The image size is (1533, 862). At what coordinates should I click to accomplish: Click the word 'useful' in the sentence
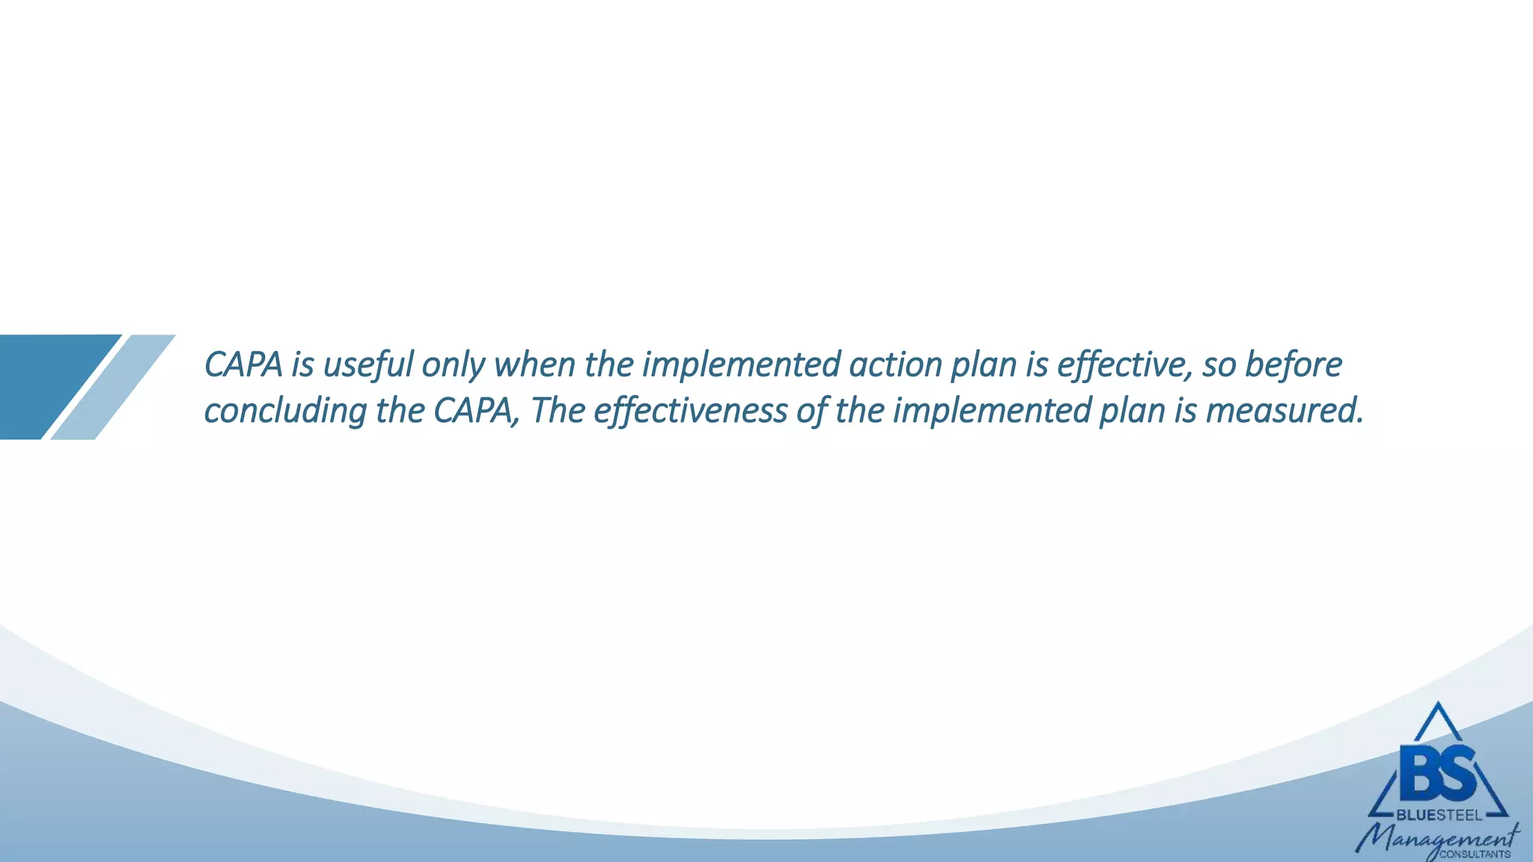click(368, 365)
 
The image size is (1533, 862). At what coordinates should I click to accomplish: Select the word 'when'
click(534, 365)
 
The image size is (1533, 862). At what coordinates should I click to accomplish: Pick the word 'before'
click(1293, 365)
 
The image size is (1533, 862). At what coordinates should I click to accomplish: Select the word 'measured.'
click(1284, 412)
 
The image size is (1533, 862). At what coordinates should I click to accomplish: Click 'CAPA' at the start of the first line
click(243, 365)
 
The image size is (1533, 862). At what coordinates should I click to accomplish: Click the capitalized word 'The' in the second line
click(557, 412)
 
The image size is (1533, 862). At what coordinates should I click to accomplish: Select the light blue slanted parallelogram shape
click(113, 387)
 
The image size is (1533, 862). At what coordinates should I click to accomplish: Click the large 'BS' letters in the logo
click(1437, 771)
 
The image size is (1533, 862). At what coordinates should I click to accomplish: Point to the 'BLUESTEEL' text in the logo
click(1439, 816)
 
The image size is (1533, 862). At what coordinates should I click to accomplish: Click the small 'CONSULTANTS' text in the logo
click(1475, 855)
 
